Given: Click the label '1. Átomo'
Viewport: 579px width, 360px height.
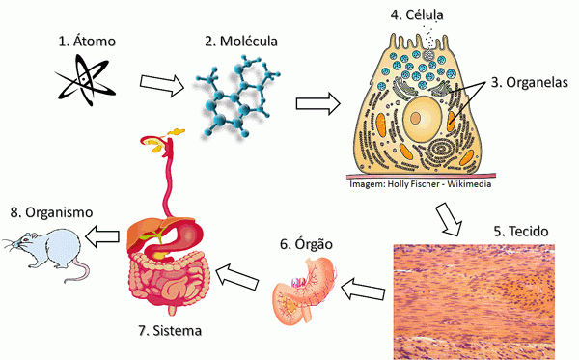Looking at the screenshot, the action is point(87,41).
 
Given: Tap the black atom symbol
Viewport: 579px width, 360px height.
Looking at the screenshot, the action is point(85,79).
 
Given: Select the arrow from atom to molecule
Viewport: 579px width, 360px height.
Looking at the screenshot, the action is point(162,85).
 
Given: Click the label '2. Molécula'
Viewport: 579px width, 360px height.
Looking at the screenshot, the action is point(240,41).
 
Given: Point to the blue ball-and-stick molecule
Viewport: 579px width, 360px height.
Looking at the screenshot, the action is point(235,97).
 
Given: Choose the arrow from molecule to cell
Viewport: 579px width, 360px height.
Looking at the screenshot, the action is point(317,103).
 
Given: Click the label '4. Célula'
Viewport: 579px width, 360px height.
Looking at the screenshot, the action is point(417,14).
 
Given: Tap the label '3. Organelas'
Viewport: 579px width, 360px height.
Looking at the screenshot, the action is point(529,82).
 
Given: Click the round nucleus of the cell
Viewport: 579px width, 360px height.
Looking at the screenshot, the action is point(422,117).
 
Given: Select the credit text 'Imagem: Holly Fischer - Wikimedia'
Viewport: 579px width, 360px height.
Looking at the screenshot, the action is point(420,184).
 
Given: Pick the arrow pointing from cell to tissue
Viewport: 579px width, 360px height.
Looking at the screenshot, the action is point(449,218).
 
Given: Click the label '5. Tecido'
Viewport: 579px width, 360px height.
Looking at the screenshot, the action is point(521,231).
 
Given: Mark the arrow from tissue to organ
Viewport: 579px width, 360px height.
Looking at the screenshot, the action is point(363,290).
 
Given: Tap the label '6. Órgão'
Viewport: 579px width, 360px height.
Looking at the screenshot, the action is point(306,244).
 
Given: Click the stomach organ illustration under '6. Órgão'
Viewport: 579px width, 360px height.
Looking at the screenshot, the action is point(304,291).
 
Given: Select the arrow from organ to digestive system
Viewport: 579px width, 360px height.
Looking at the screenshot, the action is point(236,276).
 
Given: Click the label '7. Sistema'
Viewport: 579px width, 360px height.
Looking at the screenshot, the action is point(170,330).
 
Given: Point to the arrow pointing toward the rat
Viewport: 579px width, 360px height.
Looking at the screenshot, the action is point(102,235).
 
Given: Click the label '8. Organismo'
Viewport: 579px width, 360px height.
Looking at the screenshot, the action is point(51,212).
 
